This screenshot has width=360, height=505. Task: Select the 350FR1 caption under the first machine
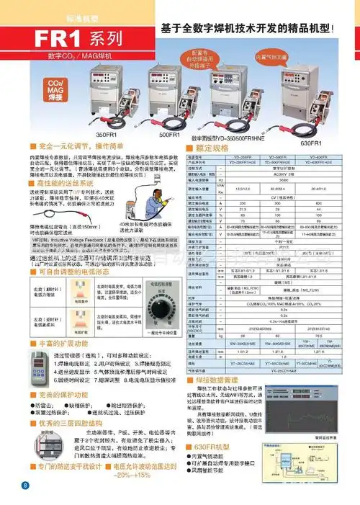tap(107, 134)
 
